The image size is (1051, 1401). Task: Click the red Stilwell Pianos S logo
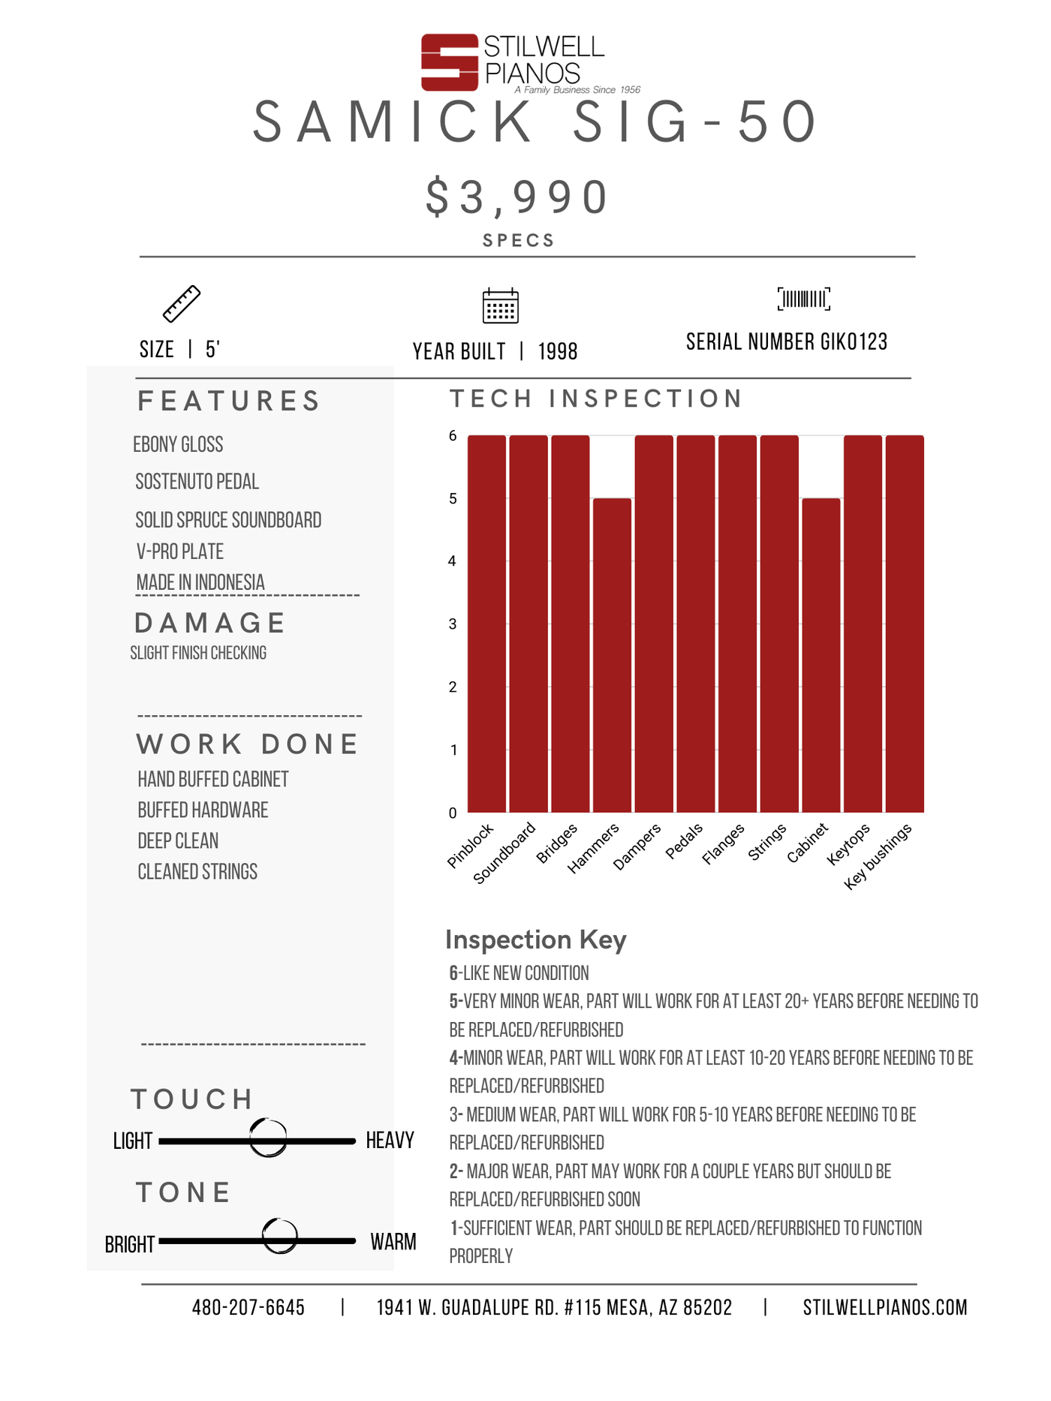click(449, 62)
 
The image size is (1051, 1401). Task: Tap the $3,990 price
click(517, 197)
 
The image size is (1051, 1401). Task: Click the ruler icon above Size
click(182, 304)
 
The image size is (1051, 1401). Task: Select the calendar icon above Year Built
click(500, 305)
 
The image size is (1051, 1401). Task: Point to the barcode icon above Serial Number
click(803, 299)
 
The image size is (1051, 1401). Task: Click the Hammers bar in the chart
click(612, 654)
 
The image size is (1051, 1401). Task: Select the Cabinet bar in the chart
click(821, 654)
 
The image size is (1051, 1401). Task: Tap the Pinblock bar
click(486, 623)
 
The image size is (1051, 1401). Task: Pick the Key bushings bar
click(905, 623)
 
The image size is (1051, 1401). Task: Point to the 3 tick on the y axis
click(453, 624)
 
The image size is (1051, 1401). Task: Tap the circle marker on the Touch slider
click(268, 1138)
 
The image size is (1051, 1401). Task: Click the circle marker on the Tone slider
click(280, 1236)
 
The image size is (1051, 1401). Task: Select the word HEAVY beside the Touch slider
click(390, 1141)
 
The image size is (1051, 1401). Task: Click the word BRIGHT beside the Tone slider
click(130, 1245)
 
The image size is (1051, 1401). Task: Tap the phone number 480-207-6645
click(248, 1308)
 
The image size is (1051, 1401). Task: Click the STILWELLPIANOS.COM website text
click(884, 1308)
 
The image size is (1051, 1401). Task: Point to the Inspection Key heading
click(535, 940)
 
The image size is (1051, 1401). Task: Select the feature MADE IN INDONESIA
click(200, 582)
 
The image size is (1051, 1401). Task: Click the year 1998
click(558, 351)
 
